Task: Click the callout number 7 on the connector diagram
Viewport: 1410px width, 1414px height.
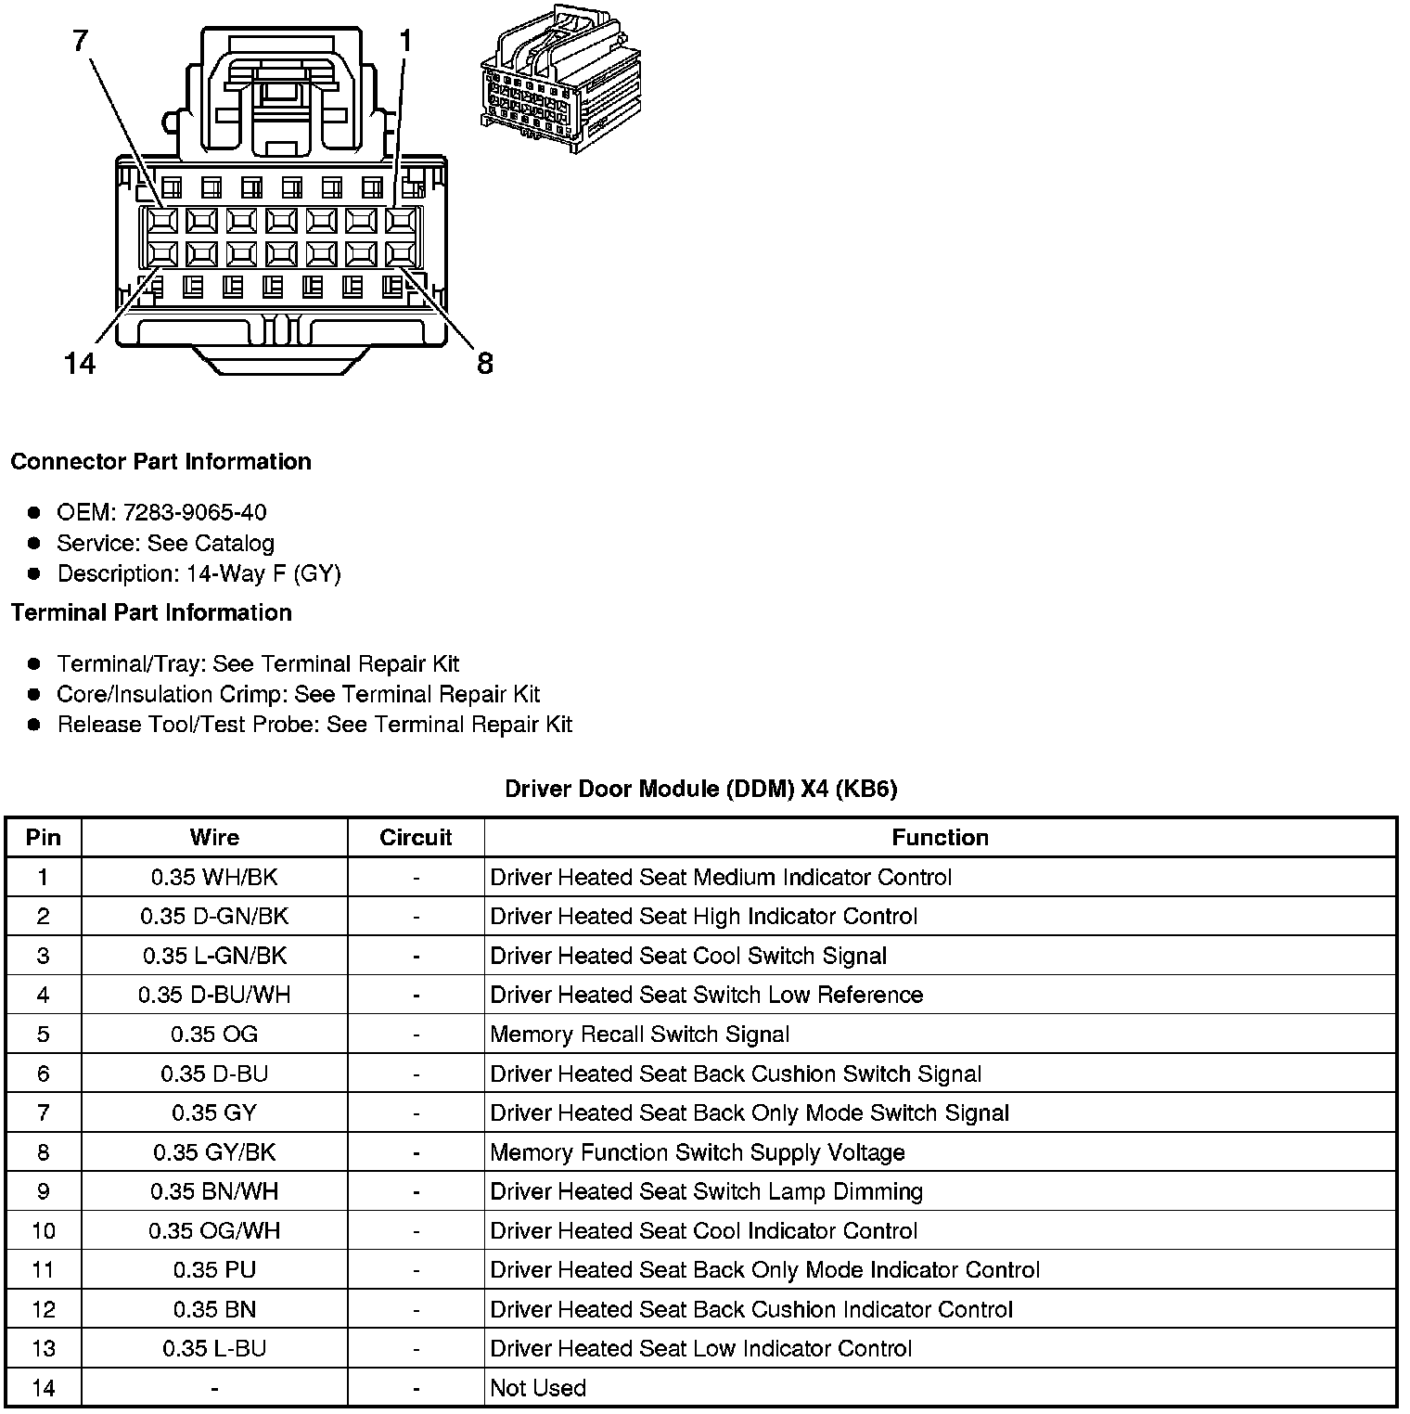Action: (x=82, y=40)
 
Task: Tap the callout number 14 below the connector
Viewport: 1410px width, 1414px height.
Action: (x=80, y=363)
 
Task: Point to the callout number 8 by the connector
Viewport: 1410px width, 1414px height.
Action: (x=484, y=363)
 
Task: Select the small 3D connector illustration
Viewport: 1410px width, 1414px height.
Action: (x=560, y=80)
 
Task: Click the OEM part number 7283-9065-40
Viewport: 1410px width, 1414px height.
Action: (x=195, y=512)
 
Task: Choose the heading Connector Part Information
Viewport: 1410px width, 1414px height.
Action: (x=160, y=461)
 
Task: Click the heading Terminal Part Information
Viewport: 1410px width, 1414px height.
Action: (x=151, y=612)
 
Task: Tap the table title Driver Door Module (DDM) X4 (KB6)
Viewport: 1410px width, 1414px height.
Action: (x=700, y=789)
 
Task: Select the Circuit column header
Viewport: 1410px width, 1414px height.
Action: (x=416, y=837)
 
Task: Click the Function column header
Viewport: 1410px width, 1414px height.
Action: (x=940, y=837)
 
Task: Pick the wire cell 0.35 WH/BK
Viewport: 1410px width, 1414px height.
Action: (x=214, y=877)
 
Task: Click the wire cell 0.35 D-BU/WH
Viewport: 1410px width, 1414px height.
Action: (x=214, y=995)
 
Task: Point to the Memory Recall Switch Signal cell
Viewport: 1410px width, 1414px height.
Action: (x=639, y=1035)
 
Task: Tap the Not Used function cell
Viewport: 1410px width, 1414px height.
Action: (x=538, y=1388)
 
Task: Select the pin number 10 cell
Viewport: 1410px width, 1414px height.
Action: (x=44, y=1231)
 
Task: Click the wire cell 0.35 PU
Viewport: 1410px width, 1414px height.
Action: (x=214, y=1270)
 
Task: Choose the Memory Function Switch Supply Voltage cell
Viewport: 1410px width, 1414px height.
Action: (x=697, y=1152)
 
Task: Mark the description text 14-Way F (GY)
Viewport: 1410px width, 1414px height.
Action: (x=263, y=573)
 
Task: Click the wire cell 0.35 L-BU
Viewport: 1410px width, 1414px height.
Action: (x=214, y=1349)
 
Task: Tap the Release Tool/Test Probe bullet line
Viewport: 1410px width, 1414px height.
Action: (x=314, y=724)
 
